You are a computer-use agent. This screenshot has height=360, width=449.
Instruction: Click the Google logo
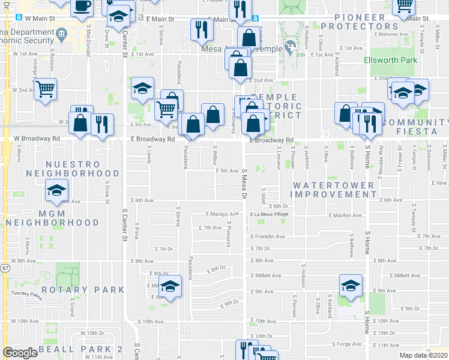(x=20, y=353)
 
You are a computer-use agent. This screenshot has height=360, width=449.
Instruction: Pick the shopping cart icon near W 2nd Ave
(x=46, y=89)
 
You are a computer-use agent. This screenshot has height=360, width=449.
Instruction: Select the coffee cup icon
(x=82, y=7)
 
